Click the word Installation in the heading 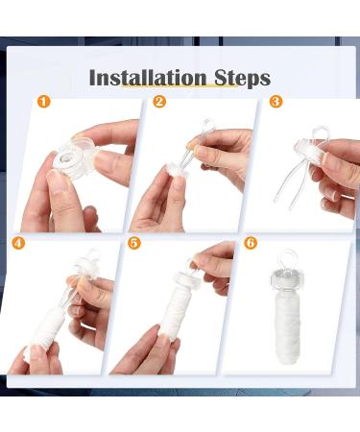(x=148, y=78)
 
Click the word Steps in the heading (x=242, y=79)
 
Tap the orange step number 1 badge (x=44, y=102)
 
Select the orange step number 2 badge (x=159, y=102)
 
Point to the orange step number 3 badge (x=276, y=102)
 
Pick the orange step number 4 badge (x=18, y=243)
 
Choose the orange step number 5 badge (x=134, y=243)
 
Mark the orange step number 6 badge (x=251, y=243)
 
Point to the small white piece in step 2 (x=175, y=170)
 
